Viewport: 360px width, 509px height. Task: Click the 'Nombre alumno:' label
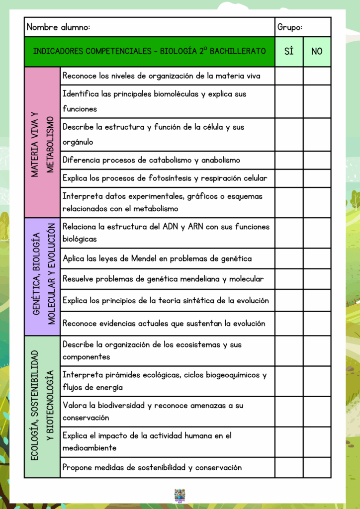point(58,27)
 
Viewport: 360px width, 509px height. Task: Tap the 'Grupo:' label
point(290,27)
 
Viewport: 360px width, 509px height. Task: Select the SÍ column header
point(289,51)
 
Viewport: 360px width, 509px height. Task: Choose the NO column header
point(317,51)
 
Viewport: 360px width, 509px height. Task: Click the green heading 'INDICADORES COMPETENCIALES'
point(149,51)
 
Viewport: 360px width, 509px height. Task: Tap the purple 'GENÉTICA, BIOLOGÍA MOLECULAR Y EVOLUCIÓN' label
point(42,276)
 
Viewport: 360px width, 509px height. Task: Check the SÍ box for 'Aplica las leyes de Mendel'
point(289,258)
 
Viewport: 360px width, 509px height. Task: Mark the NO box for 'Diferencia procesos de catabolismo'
point(317,160)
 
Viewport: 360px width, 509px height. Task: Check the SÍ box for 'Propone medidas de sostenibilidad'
point(289,467)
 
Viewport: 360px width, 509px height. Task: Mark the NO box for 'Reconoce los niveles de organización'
point(317,76)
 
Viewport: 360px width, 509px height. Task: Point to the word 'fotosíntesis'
point(172,178)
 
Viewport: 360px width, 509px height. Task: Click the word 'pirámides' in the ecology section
point(122,375)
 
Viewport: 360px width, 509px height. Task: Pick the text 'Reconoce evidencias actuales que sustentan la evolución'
point(164,324)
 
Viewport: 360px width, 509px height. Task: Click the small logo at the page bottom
point(180,495)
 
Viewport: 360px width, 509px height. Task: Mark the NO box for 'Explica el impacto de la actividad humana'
point(317,442)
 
